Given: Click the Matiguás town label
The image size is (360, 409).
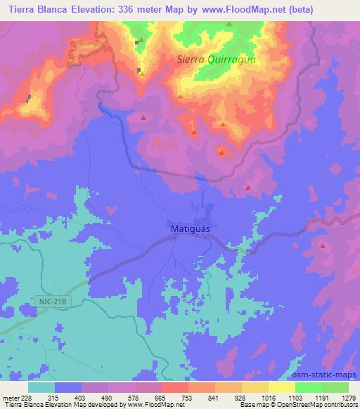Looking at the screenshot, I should [x=191, y=229].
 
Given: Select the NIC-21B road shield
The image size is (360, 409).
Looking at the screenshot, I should [x=53, y=301].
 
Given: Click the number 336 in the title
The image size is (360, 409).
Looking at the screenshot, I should [x=131, y=9].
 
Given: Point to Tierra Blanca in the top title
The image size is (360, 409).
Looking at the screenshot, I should [x=35, y=9].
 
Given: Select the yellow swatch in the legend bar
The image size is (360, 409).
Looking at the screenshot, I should [x=282, y=387].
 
